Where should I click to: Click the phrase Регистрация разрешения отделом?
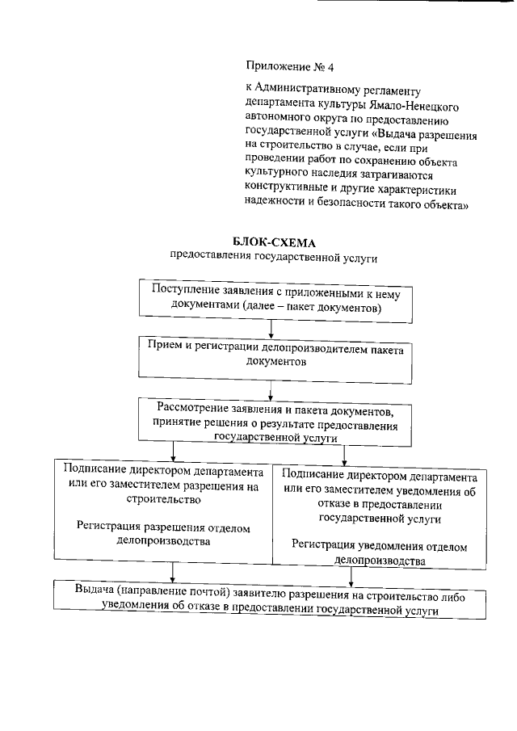pos(164,527)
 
